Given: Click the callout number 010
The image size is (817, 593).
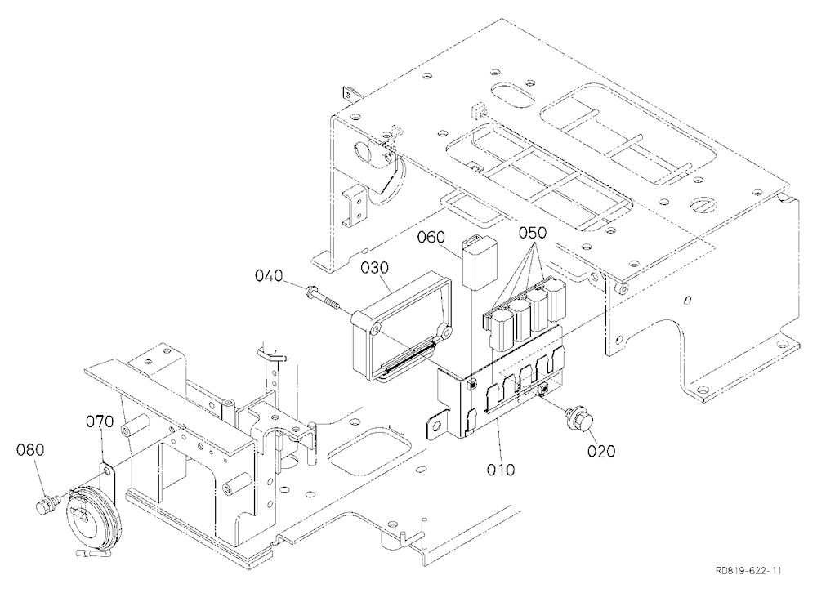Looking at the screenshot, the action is [x=500, y=469].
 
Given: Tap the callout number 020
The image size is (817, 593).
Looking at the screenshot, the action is [x=601, y=450].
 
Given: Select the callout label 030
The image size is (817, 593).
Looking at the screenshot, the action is [x=375, y=268].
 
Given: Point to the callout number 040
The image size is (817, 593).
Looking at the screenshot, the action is [x=269, y=275].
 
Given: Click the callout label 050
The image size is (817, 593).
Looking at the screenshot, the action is [x=533, y=233].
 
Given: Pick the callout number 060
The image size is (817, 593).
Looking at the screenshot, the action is [x=431, y=238].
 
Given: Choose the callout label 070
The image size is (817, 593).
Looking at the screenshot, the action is [x=100, y=421].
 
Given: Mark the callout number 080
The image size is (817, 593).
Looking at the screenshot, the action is [x=30, y=450].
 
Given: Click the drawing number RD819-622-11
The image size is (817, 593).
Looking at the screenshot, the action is [x=748, y=571].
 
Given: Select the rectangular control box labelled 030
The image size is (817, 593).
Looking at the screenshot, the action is [x=401, y=326].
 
